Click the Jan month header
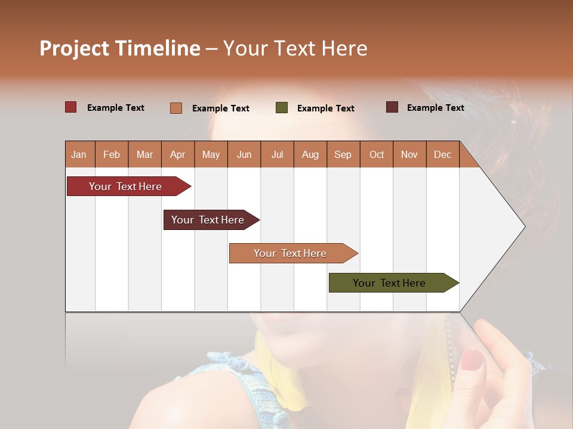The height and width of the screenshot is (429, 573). click(x=79, y=154)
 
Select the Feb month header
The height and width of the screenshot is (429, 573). click(x=112, y=154)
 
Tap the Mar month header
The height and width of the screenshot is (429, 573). click(x=144, y=154)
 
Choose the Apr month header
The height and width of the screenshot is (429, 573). click(x=177, y=154)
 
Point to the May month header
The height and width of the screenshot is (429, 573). click(x=211, y=154)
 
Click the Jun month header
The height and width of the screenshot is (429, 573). click(x=244, y=154)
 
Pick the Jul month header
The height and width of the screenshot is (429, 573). click(x=277, y=154)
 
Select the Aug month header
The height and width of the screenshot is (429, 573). click(x=310, y=154)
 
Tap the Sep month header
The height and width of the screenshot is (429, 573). click(x=343, y=154)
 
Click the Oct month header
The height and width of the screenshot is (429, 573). click(x=377, y=154)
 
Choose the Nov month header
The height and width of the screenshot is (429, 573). click(x=409, y=154)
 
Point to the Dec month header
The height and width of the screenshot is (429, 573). click(x=442, y=154)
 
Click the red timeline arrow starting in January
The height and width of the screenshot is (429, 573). click(x=125, y=186)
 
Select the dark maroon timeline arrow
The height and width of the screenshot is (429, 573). click(x=208, y=220)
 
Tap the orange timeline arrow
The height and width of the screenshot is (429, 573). click(x=290, y=253)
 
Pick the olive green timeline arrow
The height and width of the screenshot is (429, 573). click(x=389, y=283)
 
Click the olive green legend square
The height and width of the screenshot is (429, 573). click(x=282, y=108)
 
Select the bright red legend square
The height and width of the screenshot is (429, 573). click(x=71, y=107)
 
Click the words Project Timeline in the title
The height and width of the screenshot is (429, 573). click(x=120, y=48)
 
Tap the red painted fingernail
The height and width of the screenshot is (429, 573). click(x=472, y=359)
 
